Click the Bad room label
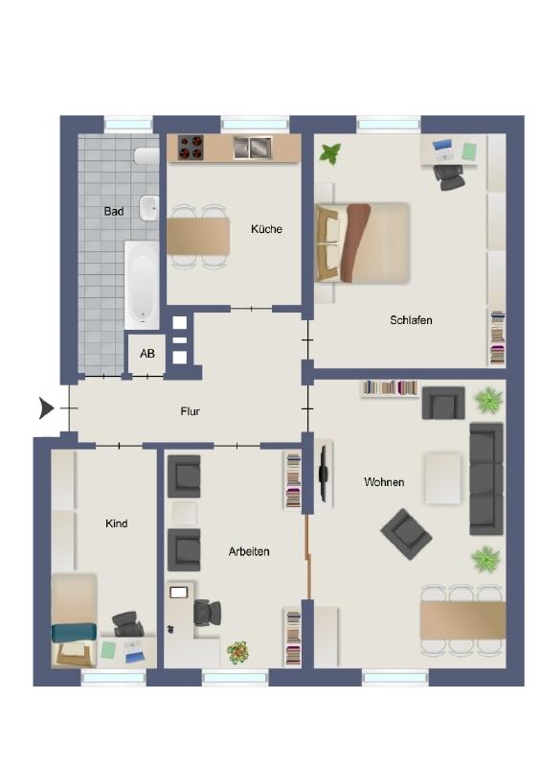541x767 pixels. (113, 211)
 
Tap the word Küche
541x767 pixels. (266, 229)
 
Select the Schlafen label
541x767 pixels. (411, 320)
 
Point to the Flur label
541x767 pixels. (191, 411)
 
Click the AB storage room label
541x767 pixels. (147, 353)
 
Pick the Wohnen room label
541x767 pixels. (384, 482)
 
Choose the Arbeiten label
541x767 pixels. (249, 551)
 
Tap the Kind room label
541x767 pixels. (116, 523)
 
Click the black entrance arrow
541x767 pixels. (46, 408)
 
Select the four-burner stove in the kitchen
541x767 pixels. (191, 148)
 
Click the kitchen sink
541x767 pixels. (252, 148)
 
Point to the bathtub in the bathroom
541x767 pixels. (142, 285)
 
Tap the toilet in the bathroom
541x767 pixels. (147, 156)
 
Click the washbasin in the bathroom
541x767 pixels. (149, 208)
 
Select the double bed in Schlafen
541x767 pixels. (362, 243)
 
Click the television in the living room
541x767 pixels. (323, 473)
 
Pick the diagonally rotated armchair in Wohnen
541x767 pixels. (406, 534)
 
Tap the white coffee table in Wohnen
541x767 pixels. (442, 478)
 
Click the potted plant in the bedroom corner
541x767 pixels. (330, 154)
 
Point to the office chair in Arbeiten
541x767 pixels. (207, 613)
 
